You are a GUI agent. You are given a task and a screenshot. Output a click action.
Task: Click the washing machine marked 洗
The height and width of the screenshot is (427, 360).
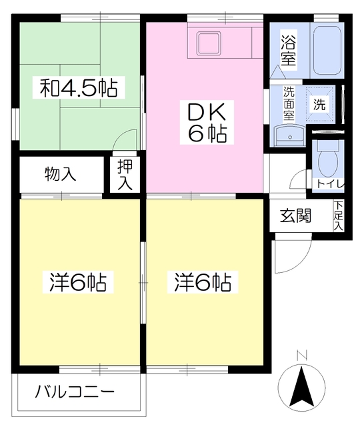(320, 103)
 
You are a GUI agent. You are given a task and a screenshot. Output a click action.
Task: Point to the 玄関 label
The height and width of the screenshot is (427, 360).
(295, 216)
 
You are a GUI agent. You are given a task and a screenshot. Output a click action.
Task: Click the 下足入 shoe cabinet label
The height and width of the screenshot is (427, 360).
(339, 216)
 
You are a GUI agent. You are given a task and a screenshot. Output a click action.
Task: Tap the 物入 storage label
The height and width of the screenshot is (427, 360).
(61, 175)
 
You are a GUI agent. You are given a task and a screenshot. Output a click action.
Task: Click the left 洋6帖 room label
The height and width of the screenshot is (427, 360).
(77, 283)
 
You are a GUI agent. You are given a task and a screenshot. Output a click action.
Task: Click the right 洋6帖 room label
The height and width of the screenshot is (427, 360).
(203, 283)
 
